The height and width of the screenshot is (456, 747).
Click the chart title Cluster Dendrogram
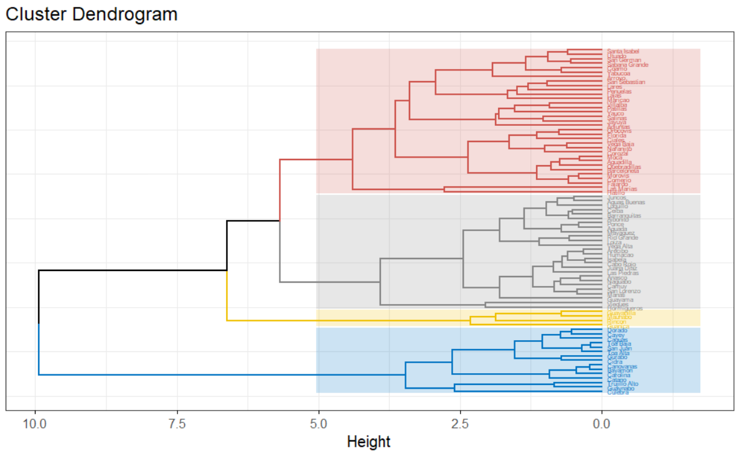(x=92, y=14)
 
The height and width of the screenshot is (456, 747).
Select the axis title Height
(x=369, y=442)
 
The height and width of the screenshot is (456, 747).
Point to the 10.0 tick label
(x=35, y=425)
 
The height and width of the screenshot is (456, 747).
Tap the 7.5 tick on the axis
(x=177, y=425)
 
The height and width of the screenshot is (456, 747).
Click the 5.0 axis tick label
(x=319, y=425)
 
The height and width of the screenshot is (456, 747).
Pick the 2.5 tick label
(x=460, y=425)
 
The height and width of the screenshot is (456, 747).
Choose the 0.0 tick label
(x=601, y=425)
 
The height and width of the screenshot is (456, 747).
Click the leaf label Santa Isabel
(x=622, y=51)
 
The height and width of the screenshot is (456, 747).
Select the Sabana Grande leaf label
(x=627, y=64)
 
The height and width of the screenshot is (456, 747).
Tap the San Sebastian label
(x=626, y=82)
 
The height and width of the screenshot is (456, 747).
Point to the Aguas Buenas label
(x=626, y=202)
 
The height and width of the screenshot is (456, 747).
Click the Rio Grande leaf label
(x=622, y=237)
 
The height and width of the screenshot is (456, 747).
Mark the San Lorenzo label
(x=623, y=291)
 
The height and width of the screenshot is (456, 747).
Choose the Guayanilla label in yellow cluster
(x=621, y=313)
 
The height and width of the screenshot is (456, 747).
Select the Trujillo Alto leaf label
(x=622, y=384)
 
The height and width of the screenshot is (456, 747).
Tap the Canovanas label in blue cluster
(x=622, y=366)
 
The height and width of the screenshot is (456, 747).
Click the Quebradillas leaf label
(x=623, y=167)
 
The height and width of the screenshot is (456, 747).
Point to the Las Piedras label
(x=622, y=273)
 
